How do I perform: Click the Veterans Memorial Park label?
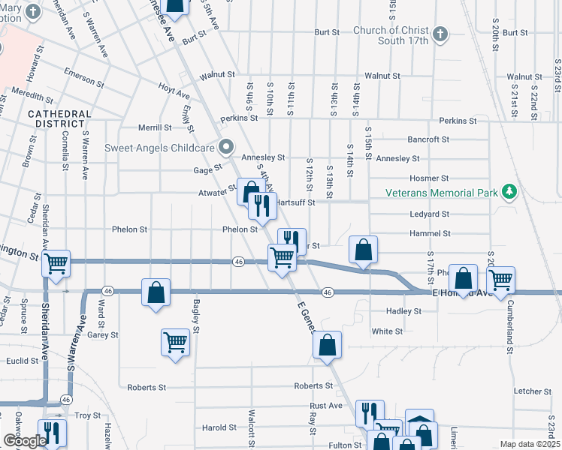pos(442,193)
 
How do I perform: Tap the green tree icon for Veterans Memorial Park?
pos(509,192)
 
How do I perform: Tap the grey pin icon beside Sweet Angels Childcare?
pos(223,146)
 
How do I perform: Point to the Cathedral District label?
pos(59,118)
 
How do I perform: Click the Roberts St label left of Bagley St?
pos(146,388)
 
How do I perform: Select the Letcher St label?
pos(532,391)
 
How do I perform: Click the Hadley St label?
pos(403,311)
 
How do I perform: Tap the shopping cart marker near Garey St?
pos(175,343)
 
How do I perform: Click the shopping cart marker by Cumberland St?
pos(500,280)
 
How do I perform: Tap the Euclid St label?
pos(23,361)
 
